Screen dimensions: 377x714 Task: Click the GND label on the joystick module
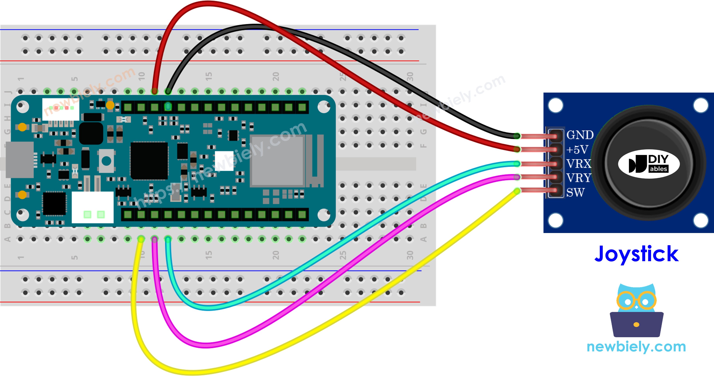(x=580, y=135)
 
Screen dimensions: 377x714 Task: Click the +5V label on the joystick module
(x=577, y=150)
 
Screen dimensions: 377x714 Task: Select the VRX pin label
(x=578, y=164)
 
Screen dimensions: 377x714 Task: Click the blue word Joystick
(x=636, y=254)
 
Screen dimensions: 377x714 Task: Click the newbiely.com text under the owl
(x=636, y=346)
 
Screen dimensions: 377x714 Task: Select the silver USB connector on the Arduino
(x=19, y=160)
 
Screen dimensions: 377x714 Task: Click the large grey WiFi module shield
(x=277, y=161)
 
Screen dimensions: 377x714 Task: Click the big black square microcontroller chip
(x=149, y=161)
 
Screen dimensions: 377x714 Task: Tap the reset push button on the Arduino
(x=106, y=161)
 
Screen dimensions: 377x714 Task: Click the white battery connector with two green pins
(x=93, y=207)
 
